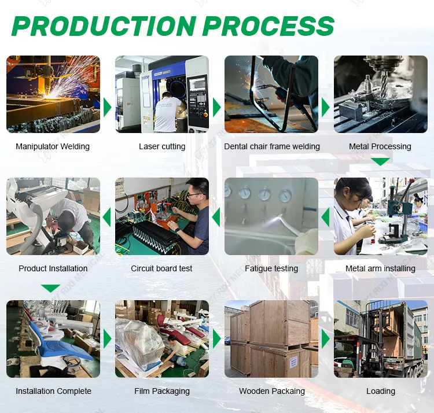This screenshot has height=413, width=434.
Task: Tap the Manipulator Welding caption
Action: click(x=53, y=146)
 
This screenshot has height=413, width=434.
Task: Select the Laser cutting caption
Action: click(x=162, y=146)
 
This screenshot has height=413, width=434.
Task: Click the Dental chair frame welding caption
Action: click(x=272, y=146)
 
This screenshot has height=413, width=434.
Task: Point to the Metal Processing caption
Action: click(x=380, y=146)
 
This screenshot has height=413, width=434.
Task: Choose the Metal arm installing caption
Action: click(x=380, y=268)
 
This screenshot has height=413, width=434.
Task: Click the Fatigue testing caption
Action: click(x=271, y=268)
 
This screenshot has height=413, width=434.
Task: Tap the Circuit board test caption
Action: click(x=161, y=268)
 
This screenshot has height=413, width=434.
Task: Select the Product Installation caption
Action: click(x=53, y=268)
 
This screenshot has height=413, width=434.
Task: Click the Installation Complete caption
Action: click(x=53, y=391)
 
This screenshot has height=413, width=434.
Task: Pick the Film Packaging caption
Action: click(x=162, y=391)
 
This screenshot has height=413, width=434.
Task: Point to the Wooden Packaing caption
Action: click(x=272, y=391)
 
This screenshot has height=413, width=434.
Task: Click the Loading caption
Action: click(x=381, y=391)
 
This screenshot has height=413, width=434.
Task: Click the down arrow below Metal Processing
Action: click(x=380, y=162)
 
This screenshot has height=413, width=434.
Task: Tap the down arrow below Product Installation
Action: click(x=51, y=287)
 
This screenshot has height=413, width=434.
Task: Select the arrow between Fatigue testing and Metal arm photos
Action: click(x=326, y=217)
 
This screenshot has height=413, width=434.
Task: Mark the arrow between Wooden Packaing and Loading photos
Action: click(x=326, y=339)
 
